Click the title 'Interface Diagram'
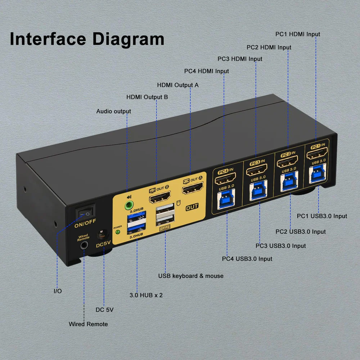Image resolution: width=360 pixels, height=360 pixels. click(87, 39)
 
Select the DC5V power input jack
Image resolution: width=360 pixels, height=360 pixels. click(104, 235)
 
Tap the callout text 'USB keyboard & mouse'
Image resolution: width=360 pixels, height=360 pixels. click(191, 276)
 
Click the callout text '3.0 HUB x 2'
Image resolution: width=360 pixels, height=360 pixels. click(146, 295)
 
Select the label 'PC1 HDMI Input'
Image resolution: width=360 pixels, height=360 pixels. click(297, 34)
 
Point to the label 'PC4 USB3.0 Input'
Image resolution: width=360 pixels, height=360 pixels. click(247, 258)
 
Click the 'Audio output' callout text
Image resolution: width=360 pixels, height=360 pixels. click(113, 111)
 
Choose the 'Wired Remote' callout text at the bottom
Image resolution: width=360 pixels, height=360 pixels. click(88, 324)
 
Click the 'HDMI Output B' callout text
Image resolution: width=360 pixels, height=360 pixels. click(147, 97)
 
